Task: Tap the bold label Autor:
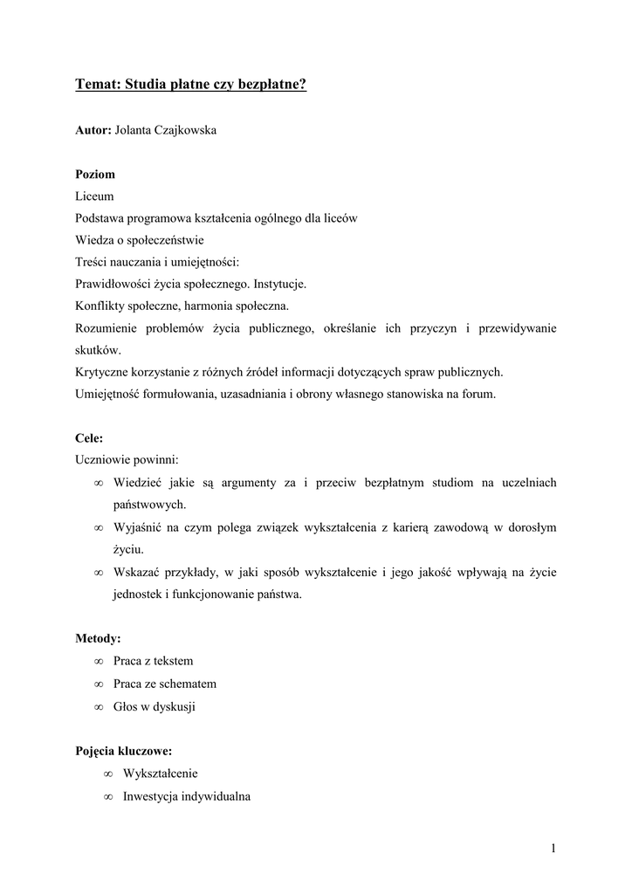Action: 93,131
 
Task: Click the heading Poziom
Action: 95,174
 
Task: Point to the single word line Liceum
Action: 94,196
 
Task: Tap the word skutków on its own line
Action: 98,350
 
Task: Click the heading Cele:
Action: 89,437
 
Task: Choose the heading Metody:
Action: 98,639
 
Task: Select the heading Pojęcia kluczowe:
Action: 123,751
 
